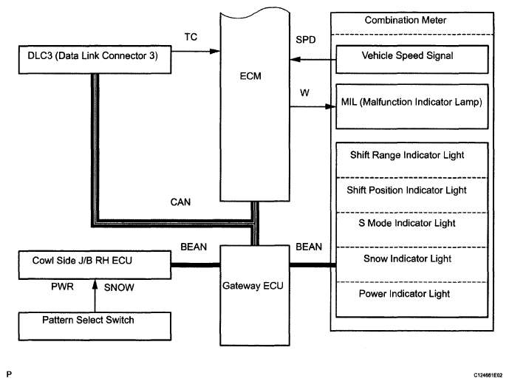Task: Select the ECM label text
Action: pos(250,76)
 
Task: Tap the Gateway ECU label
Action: pos(253,286)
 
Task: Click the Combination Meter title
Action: pos(406,20)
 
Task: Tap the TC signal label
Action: pos(191,37)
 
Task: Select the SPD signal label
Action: pos(306,40)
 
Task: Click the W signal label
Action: pos(304,93)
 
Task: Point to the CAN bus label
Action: pos(180,202)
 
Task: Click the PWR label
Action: pos(62,287)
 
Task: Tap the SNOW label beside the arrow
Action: pos(119,287)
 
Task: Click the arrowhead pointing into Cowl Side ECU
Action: pos(95,284)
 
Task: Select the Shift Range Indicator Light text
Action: pos(407,155)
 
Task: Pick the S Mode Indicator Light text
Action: pos(407,223)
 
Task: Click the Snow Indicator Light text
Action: pos(407,258)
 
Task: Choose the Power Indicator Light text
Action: pos(404,294)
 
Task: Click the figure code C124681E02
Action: pos(488,375)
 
